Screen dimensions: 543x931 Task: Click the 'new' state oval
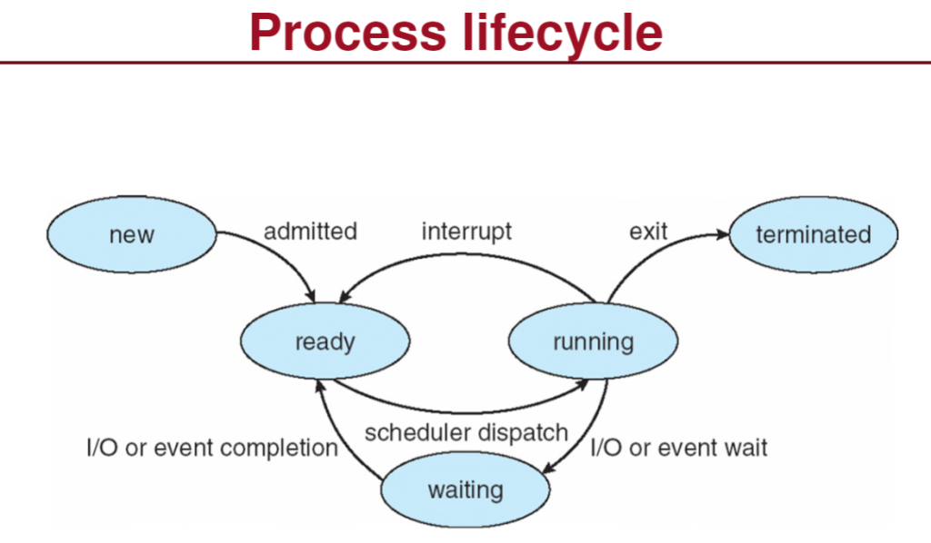click(x=132, y=234)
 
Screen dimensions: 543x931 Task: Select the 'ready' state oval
click(x=325, y=342)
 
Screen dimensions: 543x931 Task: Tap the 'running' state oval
click(x=593, y=342)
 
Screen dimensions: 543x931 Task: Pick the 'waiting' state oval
click(x=465, y=490)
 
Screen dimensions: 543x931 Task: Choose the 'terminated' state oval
click(x=813, y=234)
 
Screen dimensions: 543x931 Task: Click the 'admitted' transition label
click(x=310, y=232)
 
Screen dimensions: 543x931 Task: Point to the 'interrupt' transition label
click(x=466, y=232)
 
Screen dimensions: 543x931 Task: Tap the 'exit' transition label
click(x=648, y=232)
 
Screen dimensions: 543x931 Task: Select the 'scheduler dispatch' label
click(x=466, y=432)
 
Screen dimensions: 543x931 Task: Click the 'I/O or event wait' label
click(x=679, y=447)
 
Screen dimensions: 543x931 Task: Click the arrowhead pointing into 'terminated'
click(x=724, y=234)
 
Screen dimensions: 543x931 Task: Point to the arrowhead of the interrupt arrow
click(x=343, y=298)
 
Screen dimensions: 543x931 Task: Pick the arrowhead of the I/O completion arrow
click(x=318, y=385)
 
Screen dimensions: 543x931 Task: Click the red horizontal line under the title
click(x=465, y=63)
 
